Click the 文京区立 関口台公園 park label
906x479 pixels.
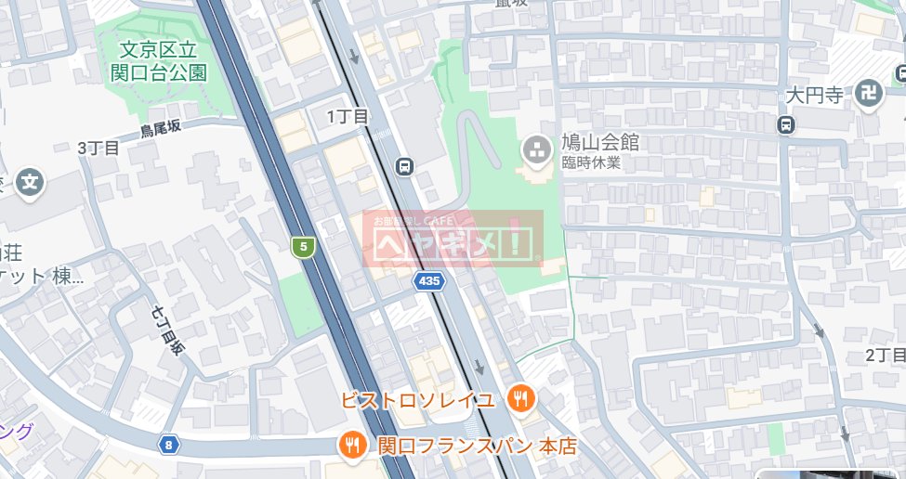pos(163,59)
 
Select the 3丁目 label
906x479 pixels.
pos(98,149)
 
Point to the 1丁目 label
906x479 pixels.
pos(348,116)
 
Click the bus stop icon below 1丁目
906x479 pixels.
pos(404,167)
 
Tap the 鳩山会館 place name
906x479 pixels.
pos(599,143)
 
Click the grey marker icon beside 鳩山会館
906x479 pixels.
pos(535,148)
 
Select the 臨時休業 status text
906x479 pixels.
pos(590,162)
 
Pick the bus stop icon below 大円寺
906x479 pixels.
pos(787,124)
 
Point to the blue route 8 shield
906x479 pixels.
pos(167,445)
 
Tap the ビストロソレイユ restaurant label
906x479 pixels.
pos(417,400)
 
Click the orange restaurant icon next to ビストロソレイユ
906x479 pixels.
pos(520,399)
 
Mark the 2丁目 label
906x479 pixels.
pos(885,356)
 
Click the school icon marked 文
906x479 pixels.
pos(31,181)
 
